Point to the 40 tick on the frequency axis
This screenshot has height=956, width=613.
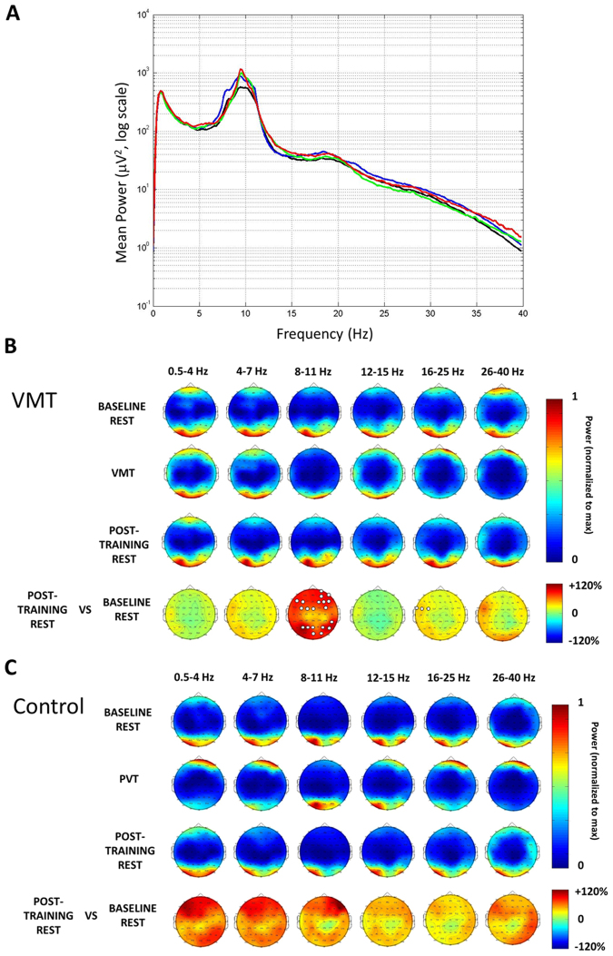click(521, 313)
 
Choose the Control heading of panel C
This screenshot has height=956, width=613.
click(54, 705)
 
